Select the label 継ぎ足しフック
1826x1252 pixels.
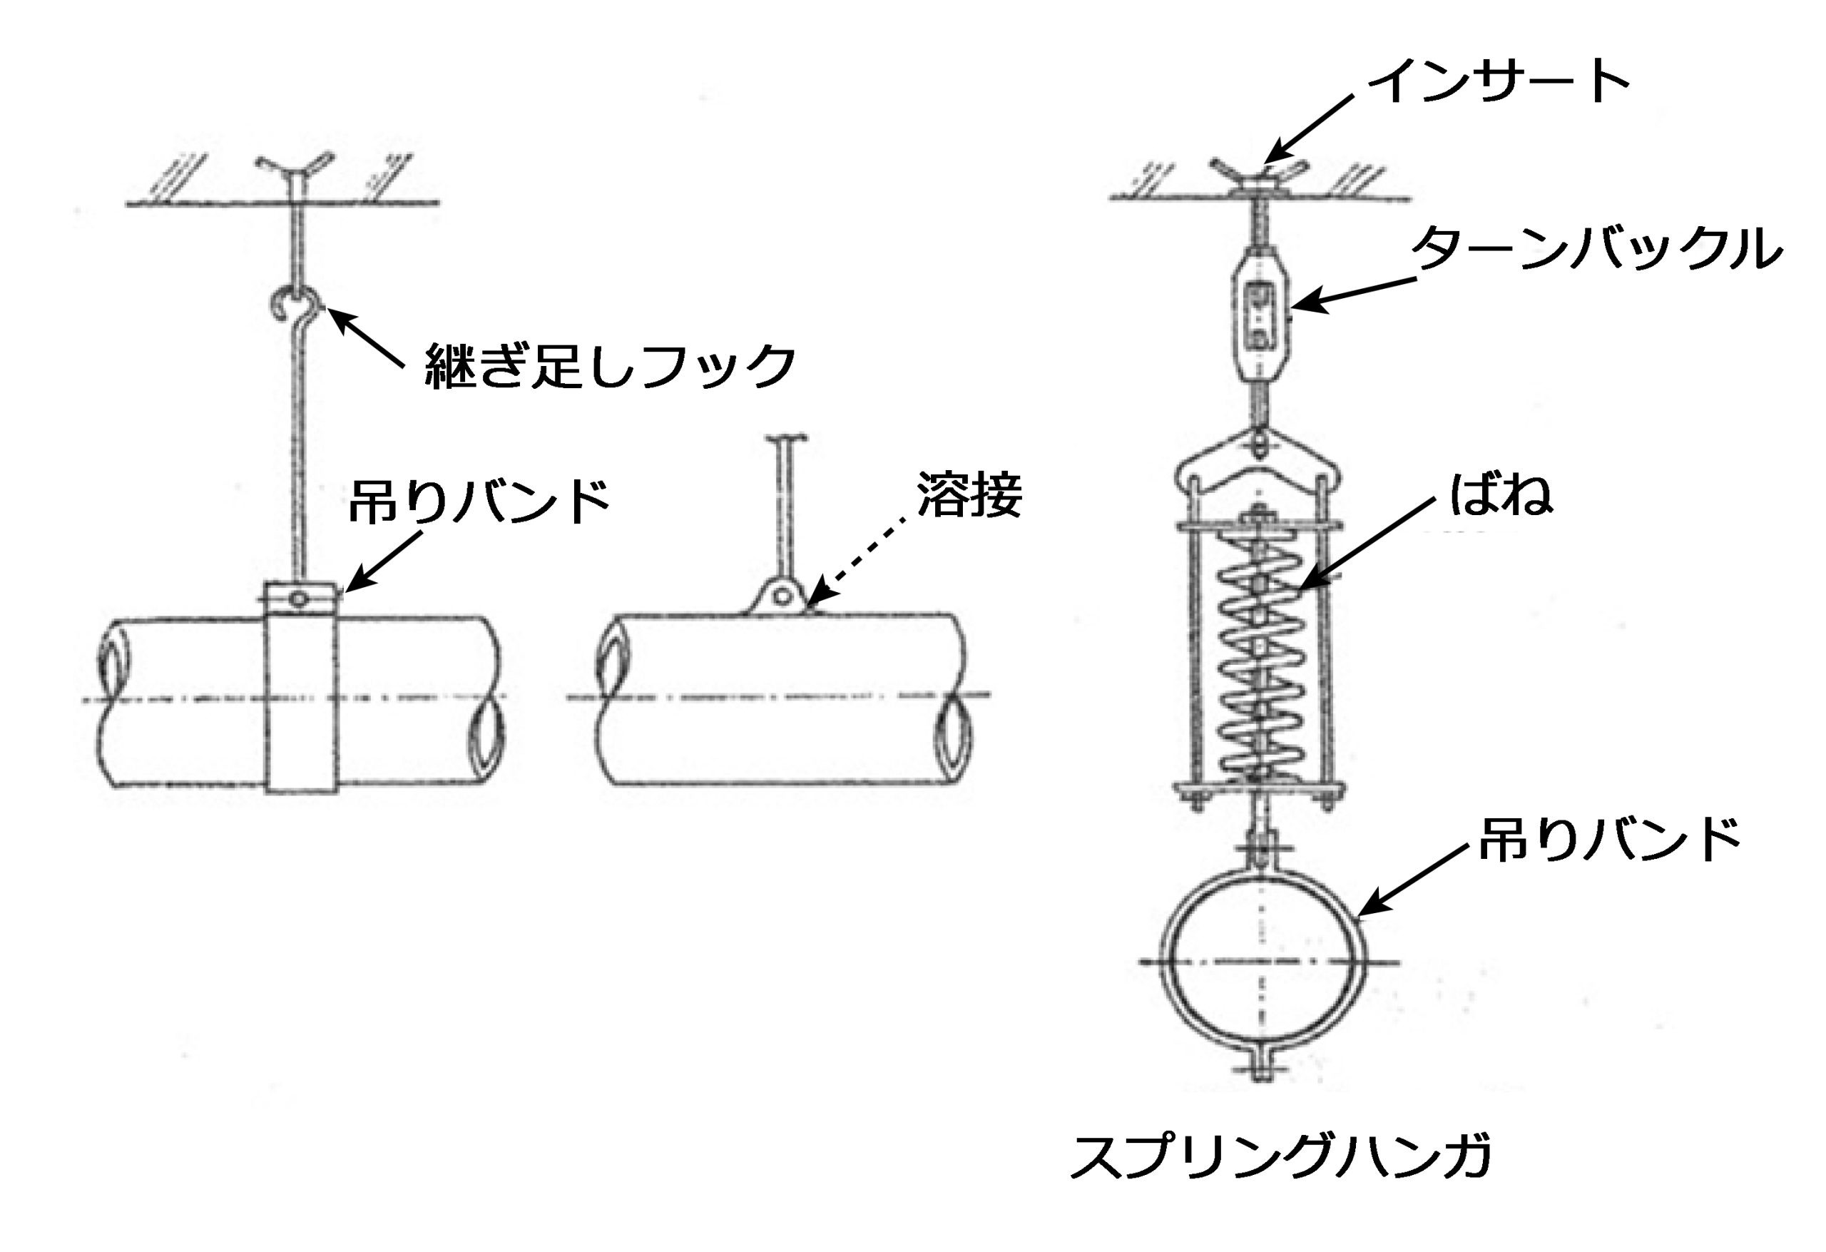click(x=610, y=365)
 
